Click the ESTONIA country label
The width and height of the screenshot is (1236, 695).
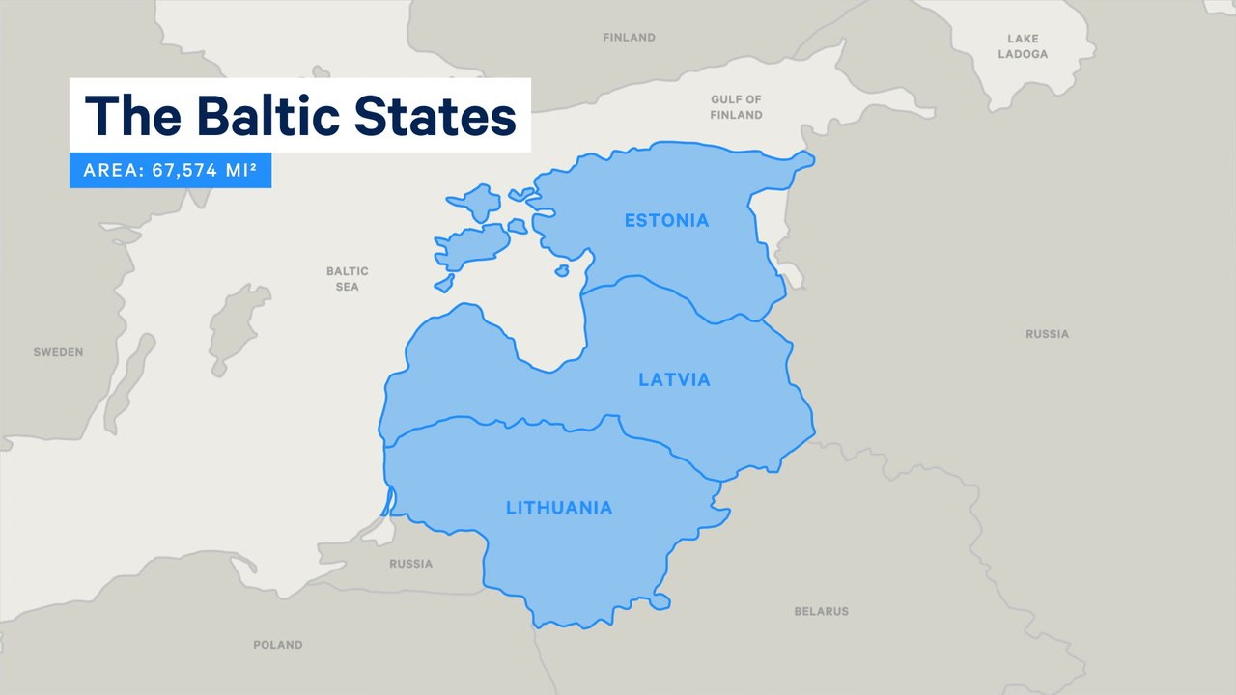(666, 220)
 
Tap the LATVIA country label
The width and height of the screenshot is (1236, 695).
(674, 379)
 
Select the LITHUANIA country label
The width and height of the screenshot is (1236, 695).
(559, 507)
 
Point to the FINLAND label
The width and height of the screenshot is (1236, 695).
(629, 38)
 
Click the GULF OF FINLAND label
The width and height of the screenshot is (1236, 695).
(736, 107)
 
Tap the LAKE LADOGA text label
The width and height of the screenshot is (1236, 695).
(1023, 46)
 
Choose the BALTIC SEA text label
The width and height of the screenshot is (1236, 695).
(347, 279)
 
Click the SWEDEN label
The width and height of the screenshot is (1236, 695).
(58, 352)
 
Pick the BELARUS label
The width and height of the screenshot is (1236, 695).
(821, 611)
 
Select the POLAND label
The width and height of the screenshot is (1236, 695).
(277, 644)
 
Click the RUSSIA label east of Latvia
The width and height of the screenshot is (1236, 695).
(1047, 334)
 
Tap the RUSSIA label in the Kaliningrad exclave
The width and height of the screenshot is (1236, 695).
(410, 564)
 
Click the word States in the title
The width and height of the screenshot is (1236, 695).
(435, 116)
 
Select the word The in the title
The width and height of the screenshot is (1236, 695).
(133, 116)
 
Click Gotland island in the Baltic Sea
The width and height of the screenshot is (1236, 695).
(229, 328)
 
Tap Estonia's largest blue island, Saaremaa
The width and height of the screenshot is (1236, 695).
(470, 246)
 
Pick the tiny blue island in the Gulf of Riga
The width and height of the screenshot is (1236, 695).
(562, 271)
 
